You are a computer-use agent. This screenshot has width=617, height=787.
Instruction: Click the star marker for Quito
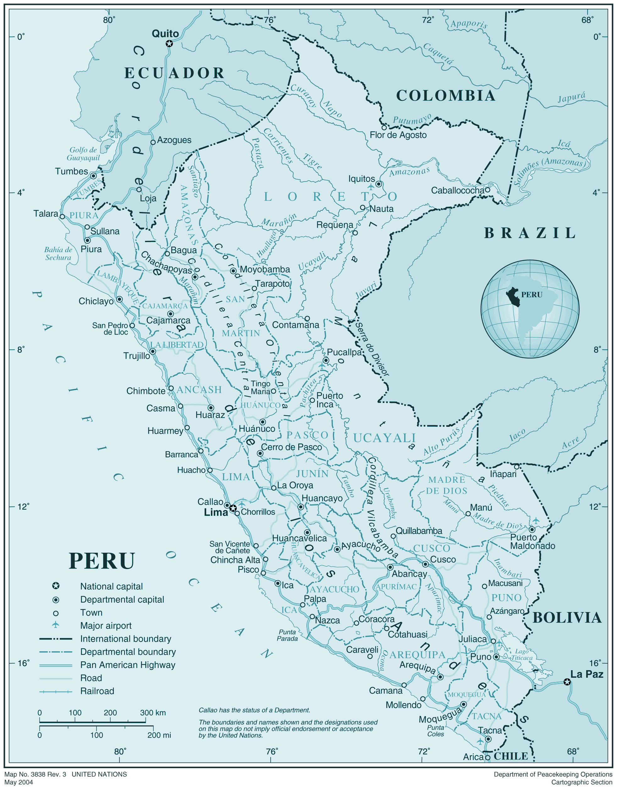pyautogui.click(x=169, y=44)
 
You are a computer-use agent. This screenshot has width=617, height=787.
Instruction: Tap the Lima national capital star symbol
pyautogui.click(x=233, y=508)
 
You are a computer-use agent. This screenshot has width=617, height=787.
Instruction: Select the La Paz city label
pyautogui.click(x=587, y=674)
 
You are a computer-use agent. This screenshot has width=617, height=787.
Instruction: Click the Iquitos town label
pyautogui.click(x=361, y=179)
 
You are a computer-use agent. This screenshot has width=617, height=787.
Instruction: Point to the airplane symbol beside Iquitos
pyautogui.click(x=371, y=187)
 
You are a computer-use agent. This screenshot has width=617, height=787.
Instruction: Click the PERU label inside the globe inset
pyautogui.click(x=532, y=295)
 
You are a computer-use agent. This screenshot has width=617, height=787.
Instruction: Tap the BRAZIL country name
pyautogui.click(x=530, y=233)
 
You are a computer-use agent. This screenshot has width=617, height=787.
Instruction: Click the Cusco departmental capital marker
pyautogui.click(x=426, y=564)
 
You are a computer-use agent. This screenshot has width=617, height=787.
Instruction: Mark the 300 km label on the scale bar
pyautogui.click(x=153, y=713)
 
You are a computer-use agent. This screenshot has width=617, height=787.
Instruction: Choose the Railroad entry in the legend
pyautogui.click(x=97, y=691)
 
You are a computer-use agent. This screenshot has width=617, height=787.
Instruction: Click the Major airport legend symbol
pyautogui.click(x=56, y=624)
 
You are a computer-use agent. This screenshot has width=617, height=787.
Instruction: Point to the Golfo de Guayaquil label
pyautogui.click(x=83, y=154)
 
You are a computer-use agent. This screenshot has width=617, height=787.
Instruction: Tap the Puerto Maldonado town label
pyautogui.click(x=532, y=542)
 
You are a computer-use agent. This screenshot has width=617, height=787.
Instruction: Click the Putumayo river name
pyautogui.click(x=412, y=119)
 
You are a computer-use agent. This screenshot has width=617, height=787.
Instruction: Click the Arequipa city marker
pyautogui.click(x=440, y=677)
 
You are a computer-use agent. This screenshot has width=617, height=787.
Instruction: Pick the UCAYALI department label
pyautogui.click(x=384, y=438)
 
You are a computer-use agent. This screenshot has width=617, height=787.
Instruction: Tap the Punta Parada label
pyautogui.click(x=288, y=635)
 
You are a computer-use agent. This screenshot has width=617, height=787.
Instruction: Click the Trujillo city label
pyautogui.click(x=136, y=356)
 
